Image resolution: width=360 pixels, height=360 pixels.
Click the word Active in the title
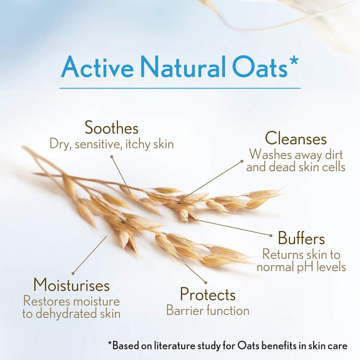97,67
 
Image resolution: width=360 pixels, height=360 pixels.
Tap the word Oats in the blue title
260,67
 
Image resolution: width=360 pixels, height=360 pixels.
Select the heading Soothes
112,127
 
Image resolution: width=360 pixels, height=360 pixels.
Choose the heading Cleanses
296,139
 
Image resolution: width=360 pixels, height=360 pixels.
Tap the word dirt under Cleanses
334,155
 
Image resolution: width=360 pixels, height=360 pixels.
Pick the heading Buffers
301,238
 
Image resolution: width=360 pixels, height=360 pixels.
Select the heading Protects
208,294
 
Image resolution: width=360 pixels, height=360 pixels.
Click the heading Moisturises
71,285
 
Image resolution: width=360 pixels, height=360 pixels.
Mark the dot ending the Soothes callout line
112,157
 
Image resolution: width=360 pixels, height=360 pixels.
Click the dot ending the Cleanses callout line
242,161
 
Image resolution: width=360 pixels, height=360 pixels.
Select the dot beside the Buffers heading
271,235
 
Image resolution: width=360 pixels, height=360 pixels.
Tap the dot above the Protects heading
206,283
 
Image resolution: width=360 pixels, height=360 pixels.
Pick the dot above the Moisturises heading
73,274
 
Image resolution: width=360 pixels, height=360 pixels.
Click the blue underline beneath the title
180,88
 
